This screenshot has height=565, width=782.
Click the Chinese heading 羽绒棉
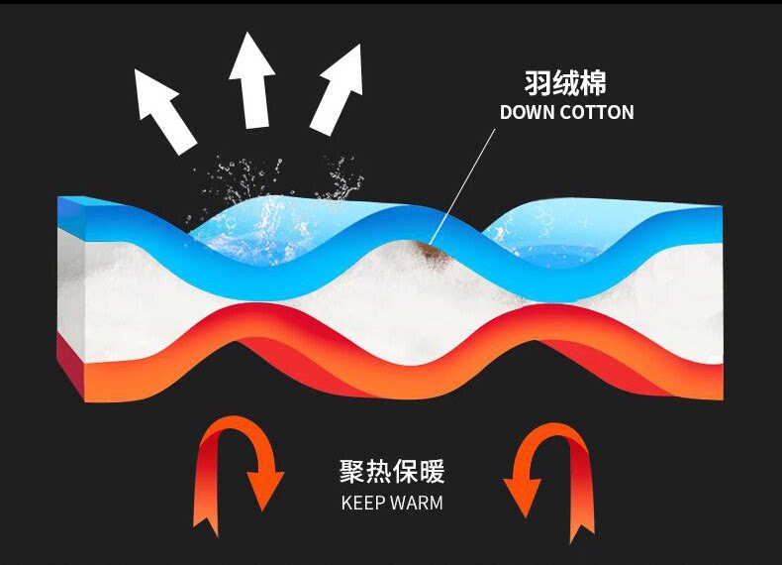coord(565,82)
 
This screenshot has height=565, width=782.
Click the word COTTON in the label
coord(597,112)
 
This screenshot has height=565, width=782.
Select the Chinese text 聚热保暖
coord(392,469)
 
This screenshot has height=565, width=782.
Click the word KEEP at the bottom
coord(363,502)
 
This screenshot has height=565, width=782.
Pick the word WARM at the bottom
coord(417,502)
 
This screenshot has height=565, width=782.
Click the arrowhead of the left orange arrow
coord(265,492)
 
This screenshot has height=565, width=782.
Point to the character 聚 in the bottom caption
coord(350,469)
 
